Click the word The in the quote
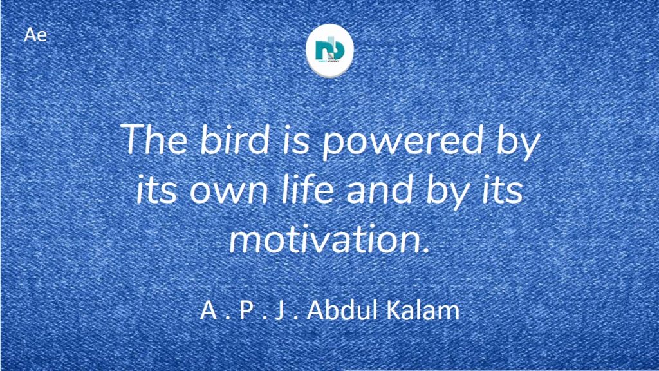point(153,139)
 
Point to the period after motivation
point(427,251)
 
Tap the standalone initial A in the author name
point(209,310)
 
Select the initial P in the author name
point(246,310)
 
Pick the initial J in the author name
point(279,310)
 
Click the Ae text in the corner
point(35,35)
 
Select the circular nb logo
point(329,50)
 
